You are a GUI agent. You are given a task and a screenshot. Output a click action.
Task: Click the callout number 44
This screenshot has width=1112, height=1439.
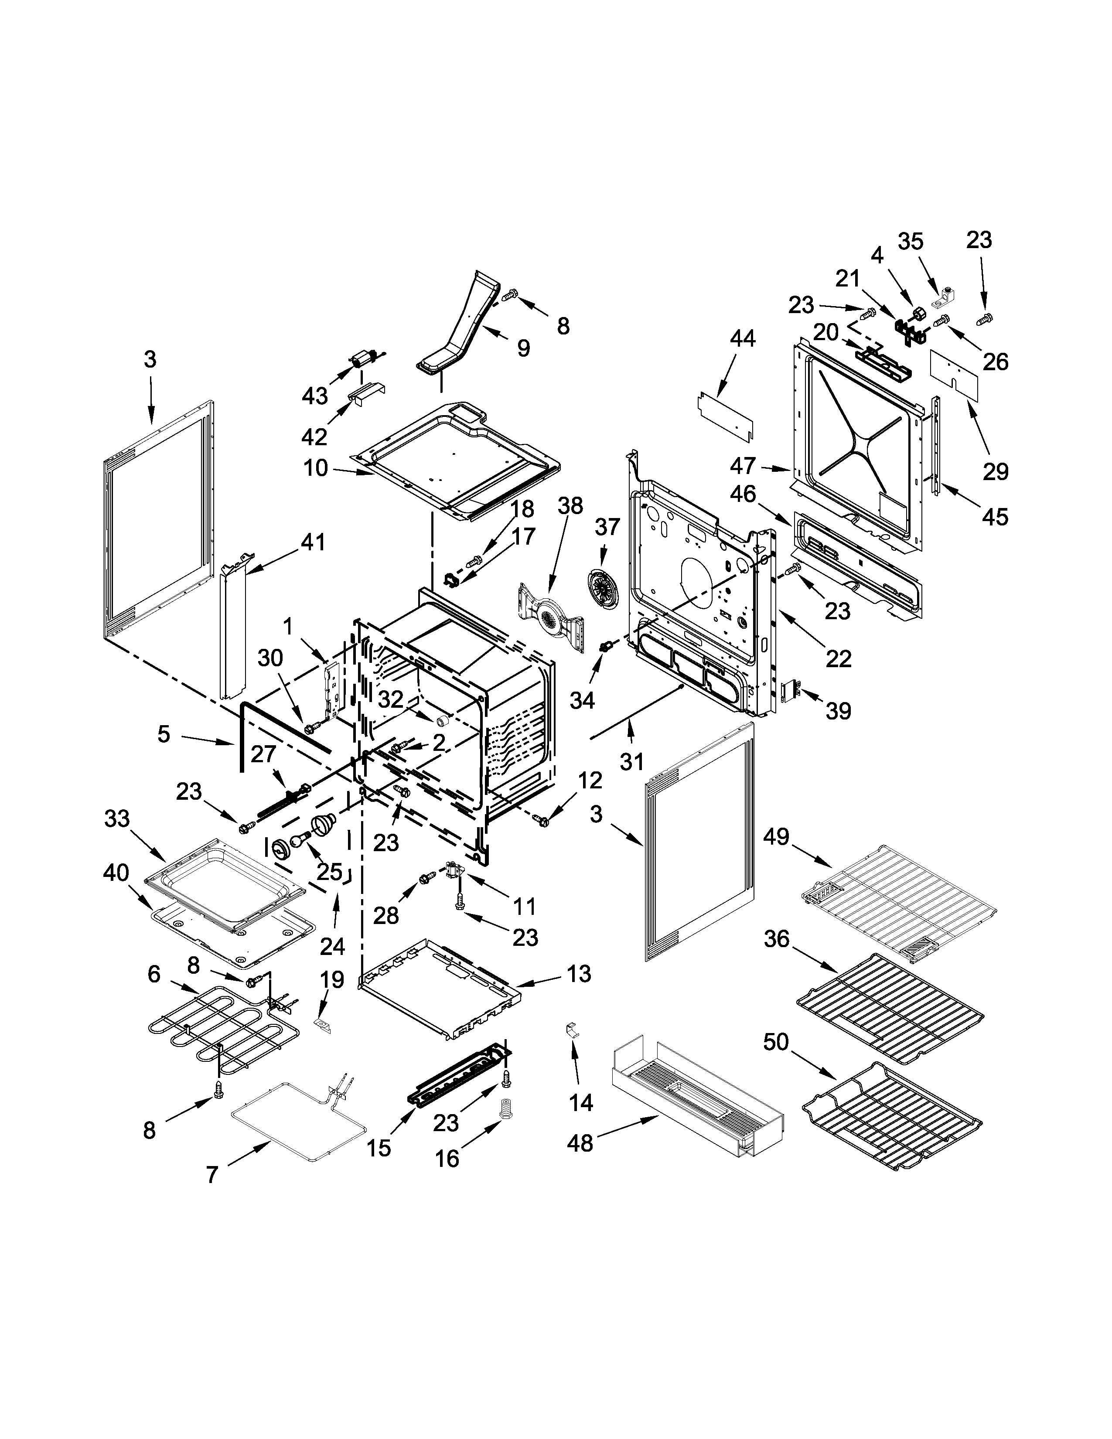coord(743,339)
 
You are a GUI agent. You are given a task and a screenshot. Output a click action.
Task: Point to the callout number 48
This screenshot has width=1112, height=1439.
coord(580,1144)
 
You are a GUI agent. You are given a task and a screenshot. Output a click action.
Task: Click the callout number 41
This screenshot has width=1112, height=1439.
coord(313,542)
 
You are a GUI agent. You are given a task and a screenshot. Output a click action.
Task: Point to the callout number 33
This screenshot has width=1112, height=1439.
coord(117,819)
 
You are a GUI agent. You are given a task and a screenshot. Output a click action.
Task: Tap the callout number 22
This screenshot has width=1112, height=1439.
coord(839,658)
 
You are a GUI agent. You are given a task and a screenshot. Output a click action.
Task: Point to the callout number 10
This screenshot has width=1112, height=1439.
coord(316,468)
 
